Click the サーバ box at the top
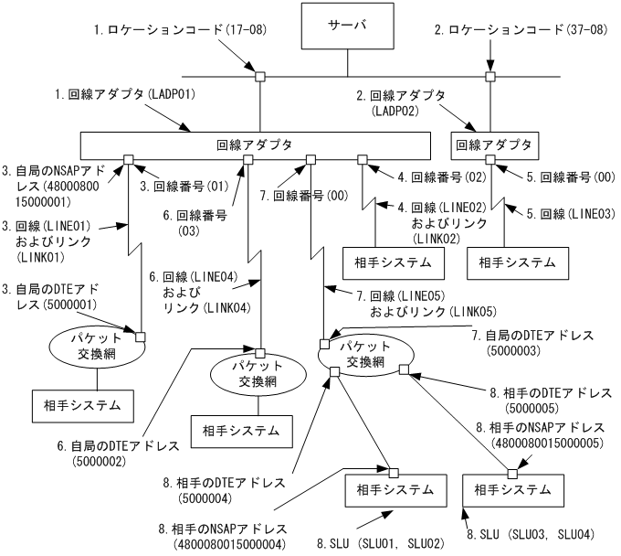click(x=347, y=26)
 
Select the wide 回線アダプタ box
click(x=255, y=145)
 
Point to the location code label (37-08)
click(x=512, y=30)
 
